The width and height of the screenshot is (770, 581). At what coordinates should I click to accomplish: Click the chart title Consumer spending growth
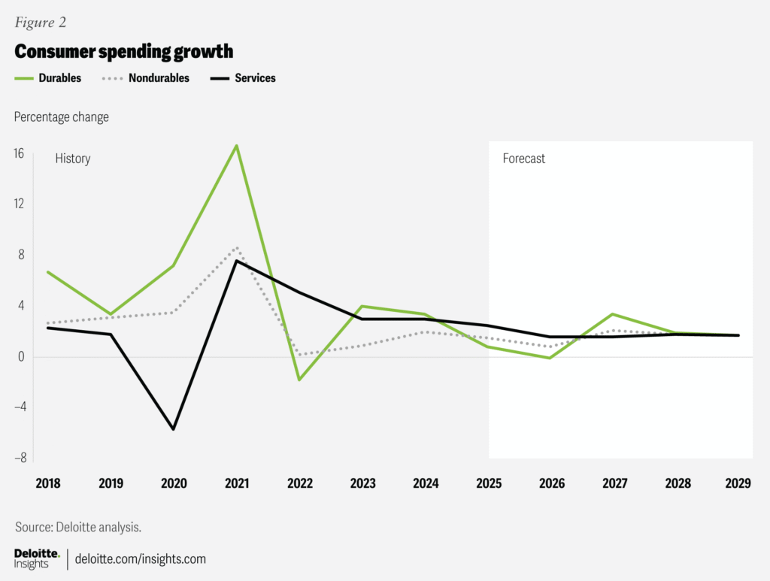(x=124, y=52)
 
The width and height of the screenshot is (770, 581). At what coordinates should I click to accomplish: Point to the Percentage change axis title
(x=61, y=117)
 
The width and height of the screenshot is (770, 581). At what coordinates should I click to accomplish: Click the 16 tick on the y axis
(x=18, y=153)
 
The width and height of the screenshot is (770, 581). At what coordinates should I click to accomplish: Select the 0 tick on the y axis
(x=21, y=356)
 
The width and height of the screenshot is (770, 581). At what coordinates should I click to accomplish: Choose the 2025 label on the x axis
(x=488, y=483)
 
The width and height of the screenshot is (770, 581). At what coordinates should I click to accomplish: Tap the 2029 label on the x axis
(x=738, y=483)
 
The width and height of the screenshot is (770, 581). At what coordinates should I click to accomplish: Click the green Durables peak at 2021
(x=237, y=145)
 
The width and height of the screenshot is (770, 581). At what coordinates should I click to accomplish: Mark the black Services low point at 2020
(x=174, y=429)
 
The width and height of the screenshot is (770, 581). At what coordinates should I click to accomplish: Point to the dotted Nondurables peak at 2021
(x=237, y=247)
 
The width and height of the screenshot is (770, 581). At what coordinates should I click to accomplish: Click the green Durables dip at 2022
(x=299, y=380)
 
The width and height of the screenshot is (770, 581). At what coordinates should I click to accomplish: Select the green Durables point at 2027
(x=613, y=314)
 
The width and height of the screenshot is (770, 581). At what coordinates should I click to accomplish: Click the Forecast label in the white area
(x=524, y=159)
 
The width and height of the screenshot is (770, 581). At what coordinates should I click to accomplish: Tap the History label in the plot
(x=73, y=159)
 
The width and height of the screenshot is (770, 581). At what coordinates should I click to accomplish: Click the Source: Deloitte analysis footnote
(x=78, y=528)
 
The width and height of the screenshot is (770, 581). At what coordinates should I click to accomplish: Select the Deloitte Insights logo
(x=36, y=558)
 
